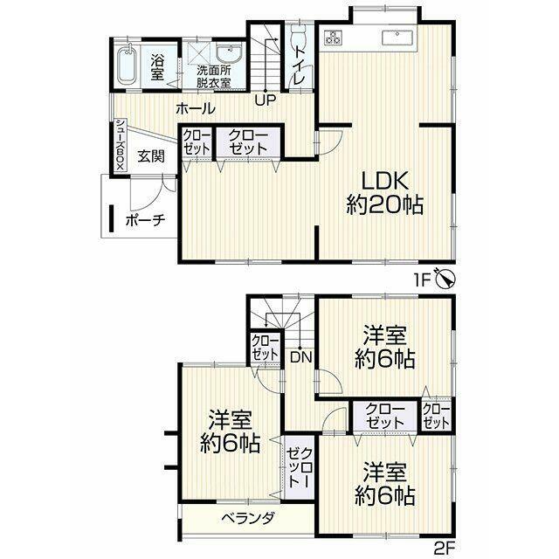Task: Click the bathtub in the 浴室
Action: pyautogui.click(x=127, y=66)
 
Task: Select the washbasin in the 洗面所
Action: pyautogui.click(x=229, y=53)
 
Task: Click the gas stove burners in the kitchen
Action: pyautogui.click(x=333, y=38)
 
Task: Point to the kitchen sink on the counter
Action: pyautogui.click(x=397, y=38)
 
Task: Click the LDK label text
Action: pyautogui.click(x=385, y=181)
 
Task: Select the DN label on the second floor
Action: pyautogui.click(x=300, y=357)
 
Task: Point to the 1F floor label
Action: pyautogui.click(x=423, y=280)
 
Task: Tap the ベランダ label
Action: pyautogui.click(x=248, y=518)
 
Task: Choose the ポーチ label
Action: pyautogui.click(x=146, y=221)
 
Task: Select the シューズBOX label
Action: pyautogui.click(x=121, y=144)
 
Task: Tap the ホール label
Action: pyautogui.click(x=196, y=108)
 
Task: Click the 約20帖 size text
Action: pyautogui.click(x=385, y=205)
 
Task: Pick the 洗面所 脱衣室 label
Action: pyautogui.click(x=214, y=77)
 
